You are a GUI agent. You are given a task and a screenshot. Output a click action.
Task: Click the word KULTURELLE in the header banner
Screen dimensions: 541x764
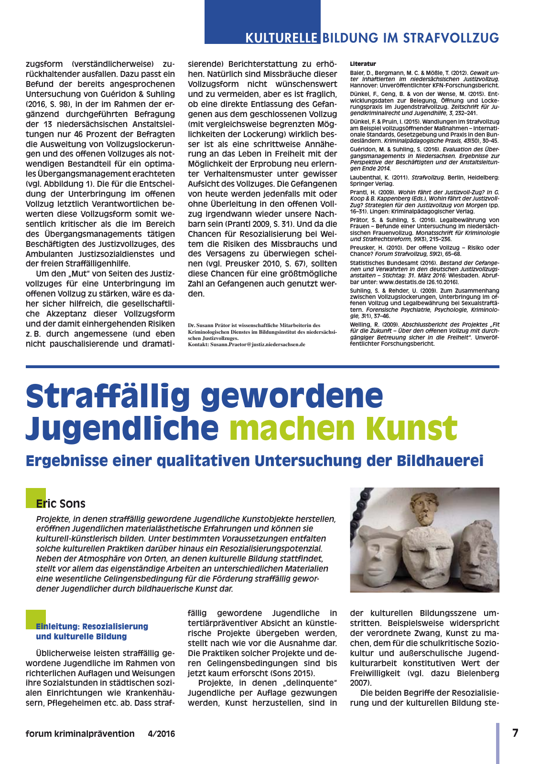[x=281, y=38]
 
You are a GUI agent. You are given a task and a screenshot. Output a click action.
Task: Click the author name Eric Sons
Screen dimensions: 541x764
[x=61, y=504]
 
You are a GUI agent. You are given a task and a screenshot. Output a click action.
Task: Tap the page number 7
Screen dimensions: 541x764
[x=515, y=733]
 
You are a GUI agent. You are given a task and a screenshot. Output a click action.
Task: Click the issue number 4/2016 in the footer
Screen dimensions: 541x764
[x=162, y=734]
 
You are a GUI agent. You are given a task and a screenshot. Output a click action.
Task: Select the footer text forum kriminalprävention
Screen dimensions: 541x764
[x=80, y=734]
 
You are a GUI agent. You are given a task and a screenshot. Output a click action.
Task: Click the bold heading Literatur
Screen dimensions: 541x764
[x=363, y=64]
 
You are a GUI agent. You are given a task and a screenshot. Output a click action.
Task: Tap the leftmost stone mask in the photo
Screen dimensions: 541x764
[x=379, y=554]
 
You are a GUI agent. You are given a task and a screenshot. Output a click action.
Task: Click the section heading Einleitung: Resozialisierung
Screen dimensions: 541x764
[x=92, y=626]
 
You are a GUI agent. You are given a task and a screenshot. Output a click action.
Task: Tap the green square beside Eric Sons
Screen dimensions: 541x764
[x=35, y=498]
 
